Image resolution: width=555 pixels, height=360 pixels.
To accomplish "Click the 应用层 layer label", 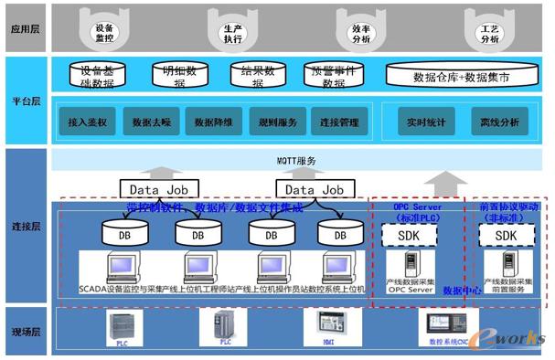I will point(26,28).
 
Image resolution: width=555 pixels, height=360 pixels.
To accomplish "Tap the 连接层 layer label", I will point(26,224).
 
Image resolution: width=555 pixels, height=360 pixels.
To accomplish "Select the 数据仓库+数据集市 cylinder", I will point(462,77).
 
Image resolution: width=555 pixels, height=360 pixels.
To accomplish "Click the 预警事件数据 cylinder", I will point(334,77).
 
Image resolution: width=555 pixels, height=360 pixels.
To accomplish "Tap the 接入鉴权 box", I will point(88,121).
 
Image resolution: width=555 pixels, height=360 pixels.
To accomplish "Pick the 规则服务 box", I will point(276,121).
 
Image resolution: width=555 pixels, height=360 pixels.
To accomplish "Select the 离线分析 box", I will point(499,121).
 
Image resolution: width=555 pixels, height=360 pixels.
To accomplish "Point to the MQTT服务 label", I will point(298,161).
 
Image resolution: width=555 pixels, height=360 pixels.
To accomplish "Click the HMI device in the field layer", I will point(328,326).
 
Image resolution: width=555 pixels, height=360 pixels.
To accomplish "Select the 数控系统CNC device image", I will point(447,326).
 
